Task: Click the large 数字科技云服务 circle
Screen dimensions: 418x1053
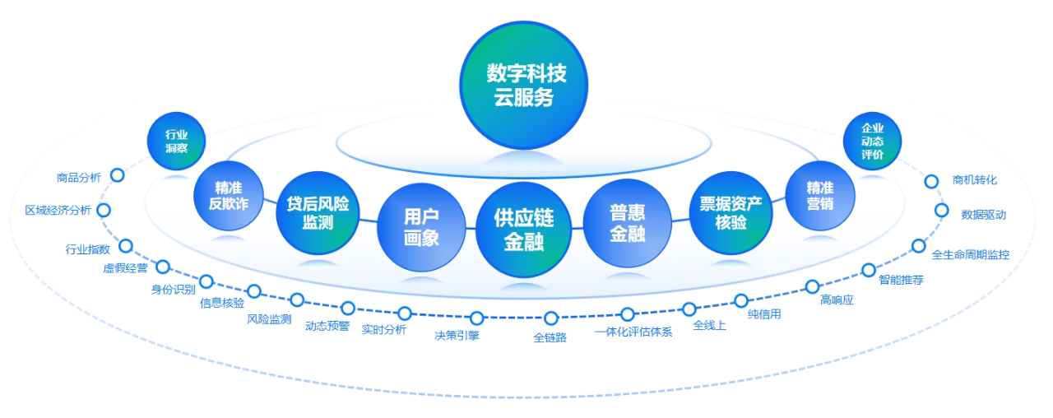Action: pos(525,86)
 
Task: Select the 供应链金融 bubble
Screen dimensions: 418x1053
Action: pos(523,230)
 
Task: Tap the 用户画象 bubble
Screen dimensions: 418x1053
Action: pos(420,227)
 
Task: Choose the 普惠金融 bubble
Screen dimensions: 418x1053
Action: pos(627,223)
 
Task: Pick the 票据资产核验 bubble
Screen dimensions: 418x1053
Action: pos(731,212)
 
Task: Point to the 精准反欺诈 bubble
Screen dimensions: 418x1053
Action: pos(228,196)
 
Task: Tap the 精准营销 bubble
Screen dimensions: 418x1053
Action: pos(819,195)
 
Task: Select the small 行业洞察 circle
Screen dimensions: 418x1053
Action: pos(176,141)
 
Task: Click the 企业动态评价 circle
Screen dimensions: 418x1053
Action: pos(872,141)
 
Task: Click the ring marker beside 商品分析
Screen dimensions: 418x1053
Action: pos(118,175)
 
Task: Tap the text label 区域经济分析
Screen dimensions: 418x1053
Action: pos(58,210)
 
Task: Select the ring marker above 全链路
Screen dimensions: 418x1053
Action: pos(551,318)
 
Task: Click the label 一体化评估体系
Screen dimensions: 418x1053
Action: pos(633,332)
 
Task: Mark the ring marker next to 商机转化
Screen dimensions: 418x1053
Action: pos(932,181)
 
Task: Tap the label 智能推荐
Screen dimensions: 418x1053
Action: pos(901,280)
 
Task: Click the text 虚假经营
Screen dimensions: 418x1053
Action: pos(125,268)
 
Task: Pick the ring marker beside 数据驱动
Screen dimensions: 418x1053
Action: pos(942,211)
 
